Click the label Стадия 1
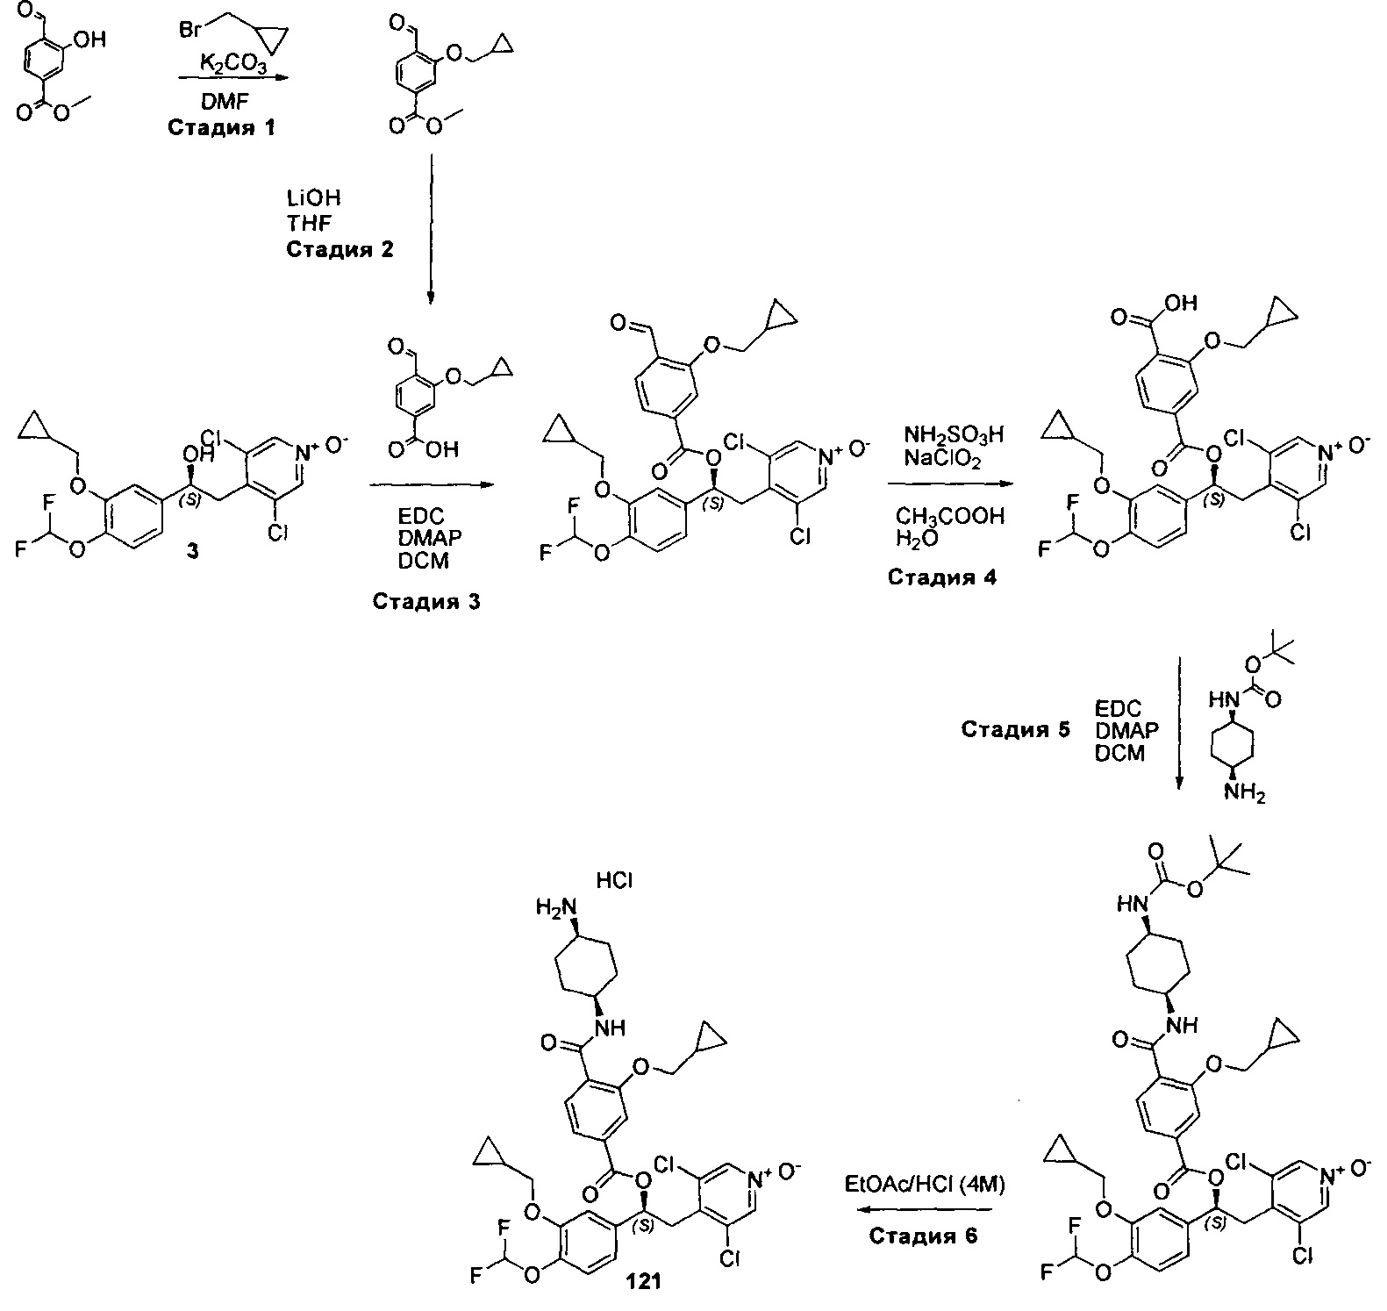coord(221,128)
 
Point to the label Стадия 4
coord(941,577)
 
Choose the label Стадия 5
coord(1015,729)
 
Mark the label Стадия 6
coord(924,1236)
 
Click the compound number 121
coord(644,1281)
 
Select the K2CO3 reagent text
coord(230,63)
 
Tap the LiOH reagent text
coord(313,199)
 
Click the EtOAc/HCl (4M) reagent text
coord(925,1184)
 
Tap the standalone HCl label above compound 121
coord(614,880)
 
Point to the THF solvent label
coord(310,224)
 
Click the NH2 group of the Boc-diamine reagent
coord(1244,792)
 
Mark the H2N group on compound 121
coord(554,908)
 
